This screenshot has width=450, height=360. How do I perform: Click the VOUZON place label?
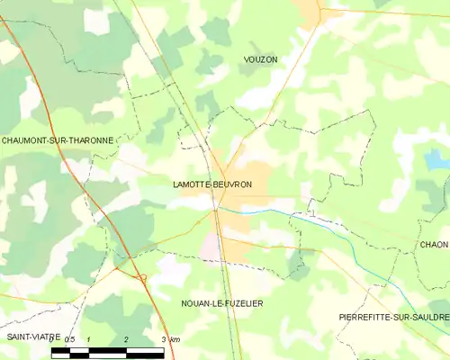coord(260,58)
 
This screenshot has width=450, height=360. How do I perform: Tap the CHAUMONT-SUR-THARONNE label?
coord(57,140)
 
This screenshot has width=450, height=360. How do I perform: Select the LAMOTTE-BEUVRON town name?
coord(212,184)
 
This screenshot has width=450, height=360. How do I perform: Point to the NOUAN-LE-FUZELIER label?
coord(221,303)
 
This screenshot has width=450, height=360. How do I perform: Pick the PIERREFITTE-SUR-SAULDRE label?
coord(393,318)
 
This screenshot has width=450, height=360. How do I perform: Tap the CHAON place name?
coord(434,245)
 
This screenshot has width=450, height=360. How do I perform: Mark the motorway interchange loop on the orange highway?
coord(141,276)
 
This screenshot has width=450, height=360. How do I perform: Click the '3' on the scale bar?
coord(163,339)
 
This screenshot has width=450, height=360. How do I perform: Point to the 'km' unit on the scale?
coord(175,339)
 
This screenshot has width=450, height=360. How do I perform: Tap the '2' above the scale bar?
coord(126,339)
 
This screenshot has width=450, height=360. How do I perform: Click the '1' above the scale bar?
coord(88,339)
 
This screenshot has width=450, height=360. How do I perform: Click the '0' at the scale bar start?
coord(53,339)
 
